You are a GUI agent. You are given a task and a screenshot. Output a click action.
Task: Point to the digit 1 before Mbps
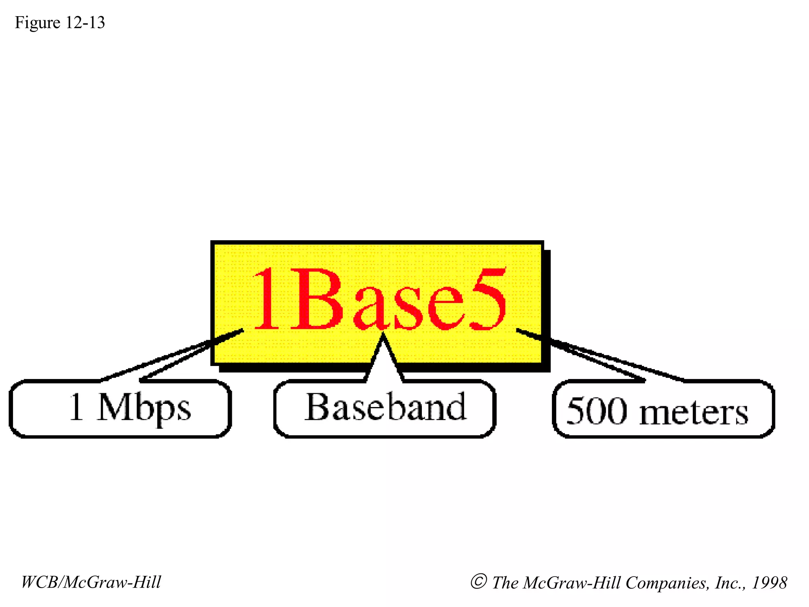[x=76, y=407]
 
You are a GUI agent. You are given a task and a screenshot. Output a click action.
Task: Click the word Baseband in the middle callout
[x=385, y=407]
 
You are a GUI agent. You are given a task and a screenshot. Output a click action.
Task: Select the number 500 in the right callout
[x=597, y=411]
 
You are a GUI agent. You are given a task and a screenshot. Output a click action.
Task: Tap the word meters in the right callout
[x=693, y=413]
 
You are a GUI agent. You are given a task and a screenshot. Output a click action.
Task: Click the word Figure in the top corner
[x=38, y=23]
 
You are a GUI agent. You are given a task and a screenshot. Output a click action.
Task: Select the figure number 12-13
[x=85, y=23]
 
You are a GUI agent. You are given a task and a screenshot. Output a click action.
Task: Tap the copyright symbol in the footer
[x=478, y=582]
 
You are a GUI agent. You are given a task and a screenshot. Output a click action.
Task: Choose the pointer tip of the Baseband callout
[x=382, y=334]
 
